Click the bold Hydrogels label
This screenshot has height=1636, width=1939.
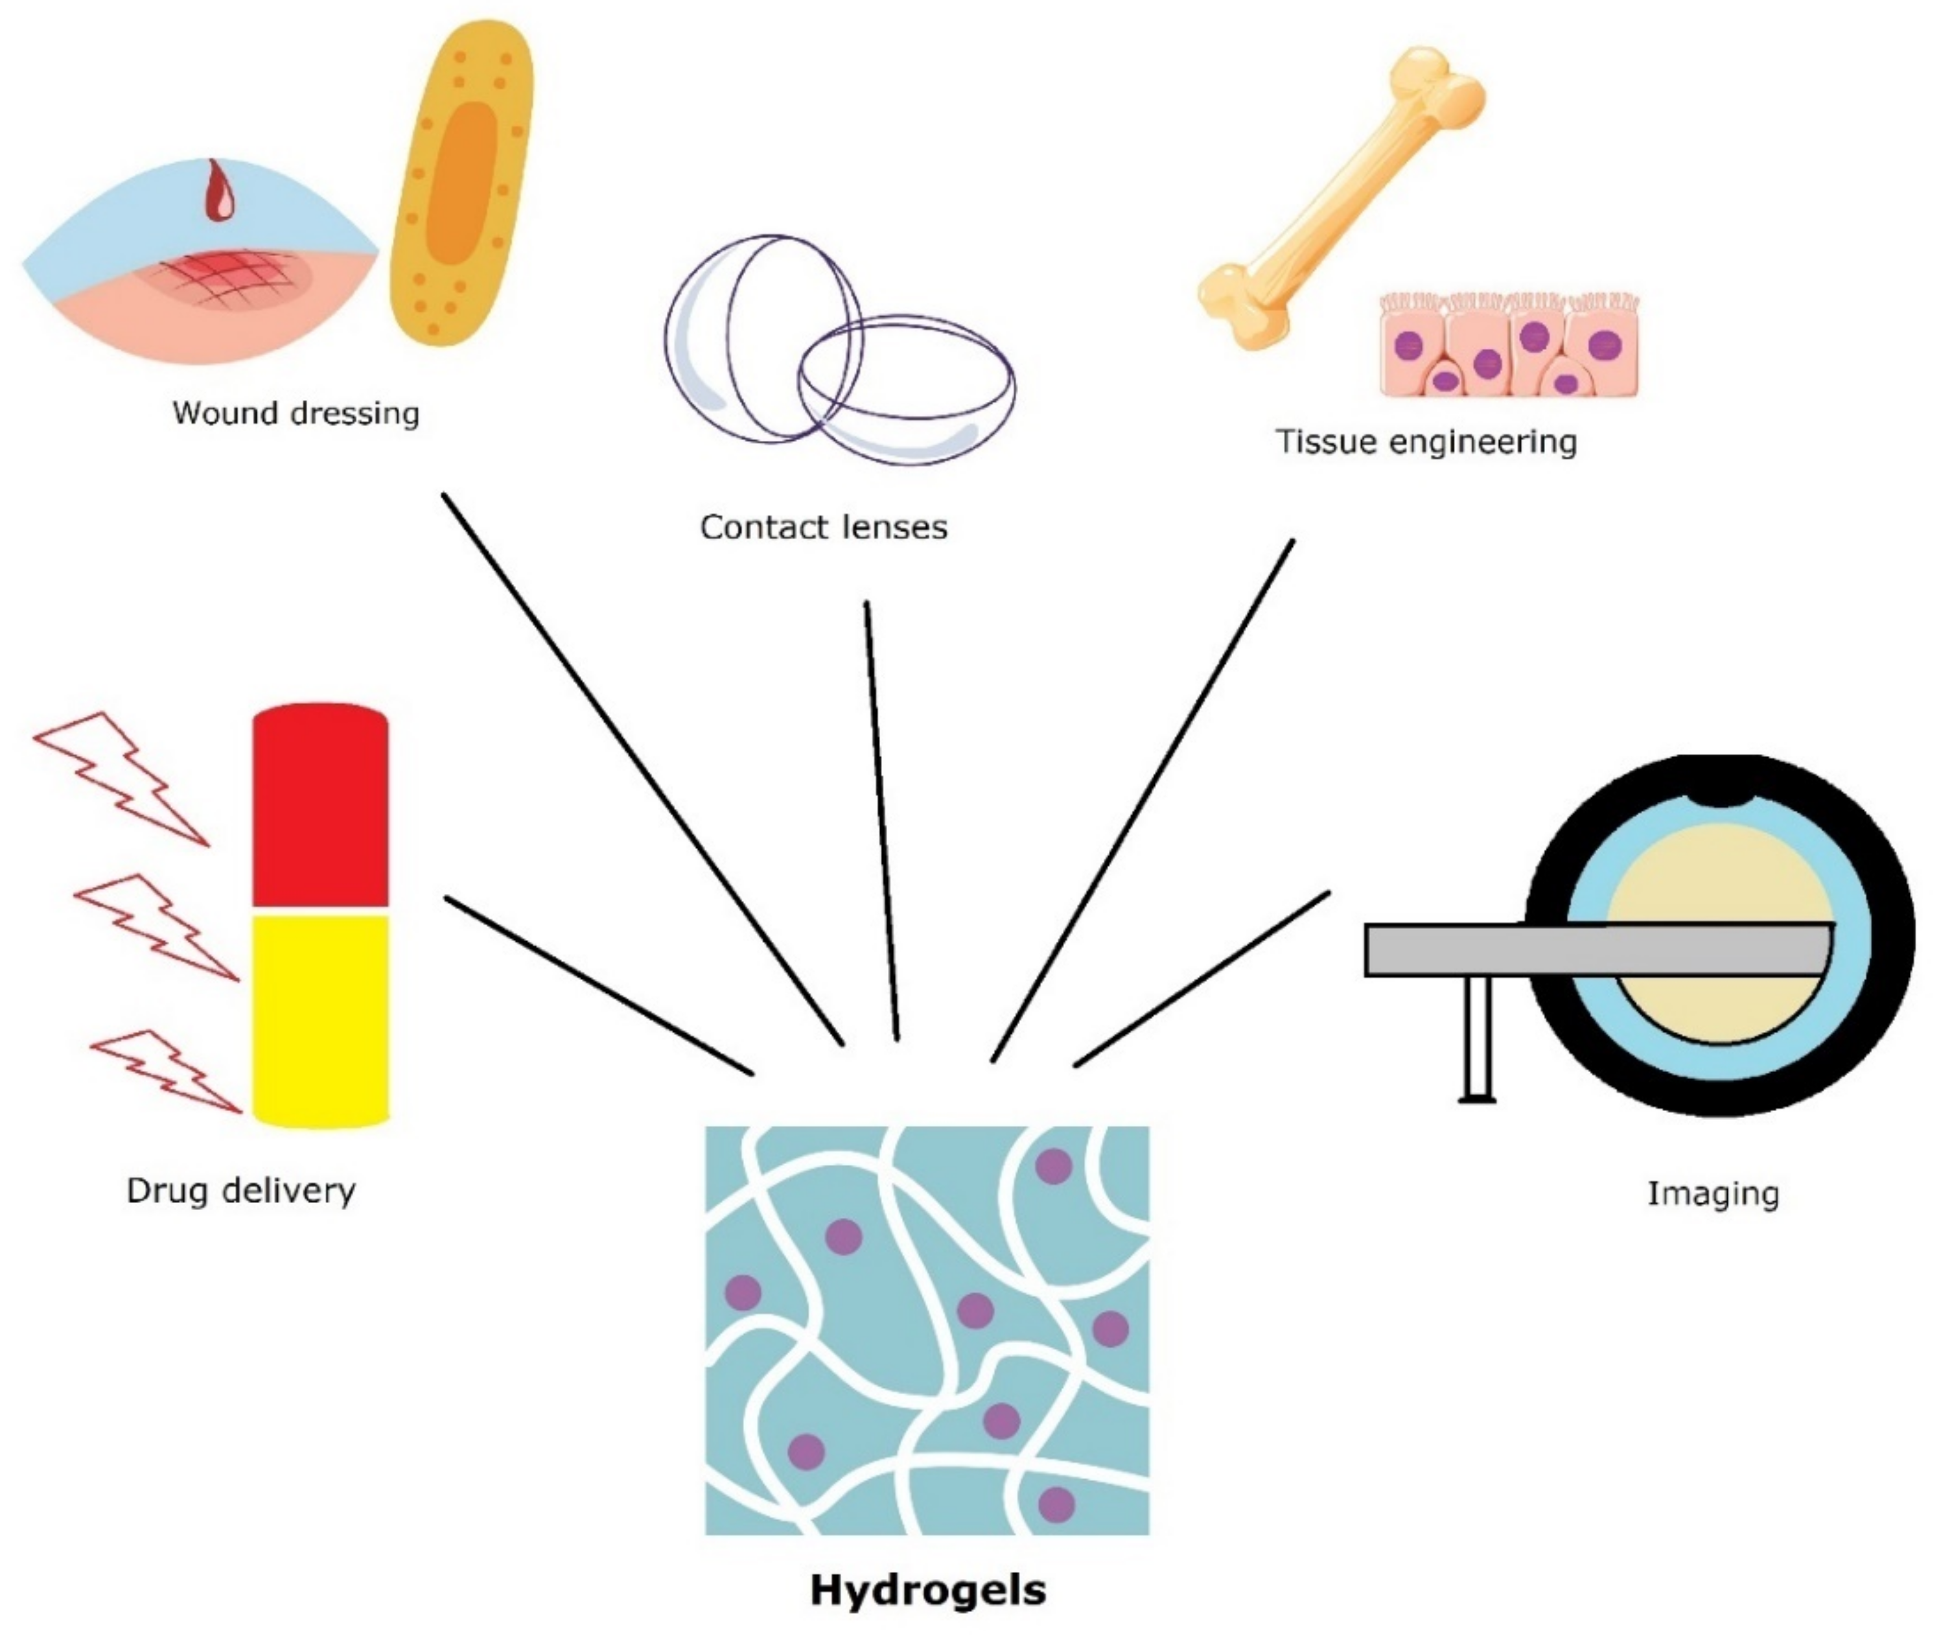(x=928, y=1589)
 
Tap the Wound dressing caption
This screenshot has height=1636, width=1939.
(x=296, y=413)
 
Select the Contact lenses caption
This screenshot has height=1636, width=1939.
(x=824, y=527)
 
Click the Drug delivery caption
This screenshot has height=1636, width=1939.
(x=241, y=1191)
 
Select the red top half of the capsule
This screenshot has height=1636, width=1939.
(x=320, y=807)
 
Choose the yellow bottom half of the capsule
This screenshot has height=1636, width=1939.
(x=320, y=1020)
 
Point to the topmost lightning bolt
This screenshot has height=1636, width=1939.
(x=121, y=779)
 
